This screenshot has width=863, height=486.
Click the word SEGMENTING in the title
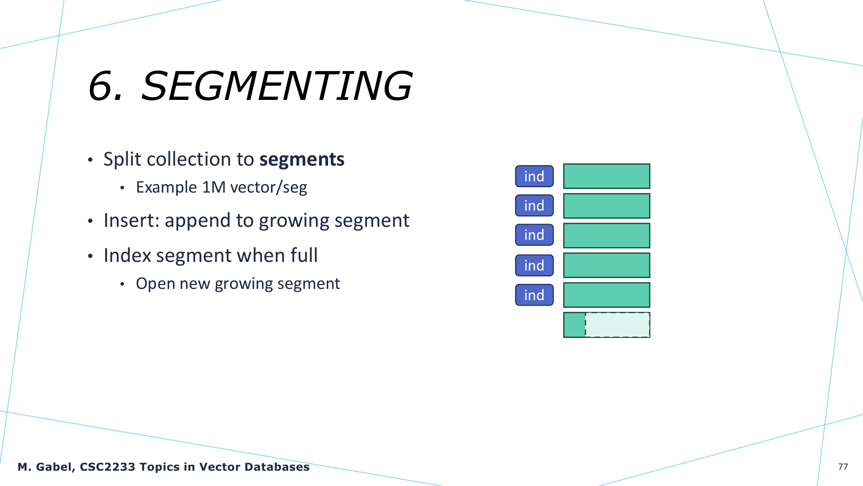[x=277, y=85]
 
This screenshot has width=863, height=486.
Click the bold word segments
[x=302, y=159]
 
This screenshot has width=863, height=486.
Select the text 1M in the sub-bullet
[x=214, y=187]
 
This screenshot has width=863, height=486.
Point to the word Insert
[x=132, y=220]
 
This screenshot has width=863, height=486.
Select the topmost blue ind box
[x=534, y=176]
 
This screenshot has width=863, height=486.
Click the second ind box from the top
[x=534, y=206]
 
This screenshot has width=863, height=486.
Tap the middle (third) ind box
[x=534, y=235]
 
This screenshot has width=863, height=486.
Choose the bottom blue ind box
[x=534, y=295]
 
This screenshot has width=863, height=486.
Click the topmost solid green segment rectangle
[x=607, y=176]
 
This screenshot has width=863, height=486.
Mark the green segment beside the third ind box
[x=607, y=235]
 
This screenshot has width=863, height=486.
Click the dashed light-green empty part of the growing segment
[x=618, y=325]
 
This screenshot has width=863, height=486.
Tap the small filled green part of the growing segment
[x=574, y=325]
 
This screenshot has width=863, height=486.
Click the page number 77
[x=843, y=467]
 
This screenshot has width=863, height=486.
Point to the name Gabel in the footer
[x=55, y=467]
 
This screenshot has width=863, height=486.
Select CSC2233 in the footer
[x=107, y=467]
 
